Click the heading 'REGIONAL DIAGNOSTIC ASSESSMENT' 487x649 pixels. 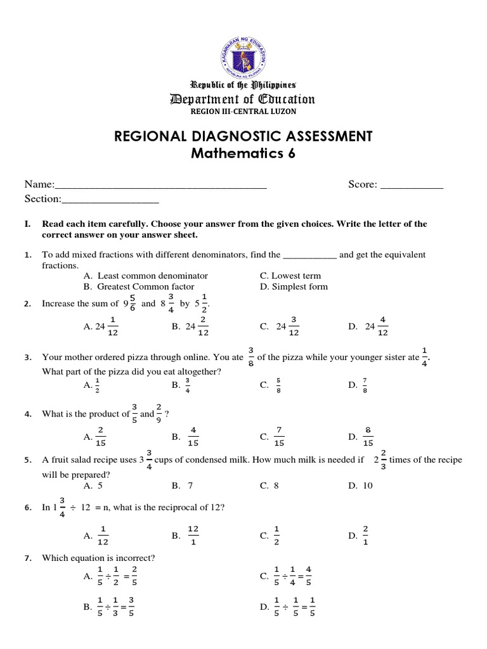(x=243, y=136)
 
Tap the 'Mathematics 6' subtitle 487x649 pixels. (x=243, y=154)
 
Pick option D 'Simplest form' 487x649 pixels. (x=294, y=286)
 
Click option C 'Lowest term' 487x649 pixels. (x=290, y=276)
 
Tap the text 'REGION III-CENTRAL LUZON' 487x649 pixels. (x=243, y=112)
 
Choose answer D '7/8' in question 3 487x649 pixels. (x=360, y=384)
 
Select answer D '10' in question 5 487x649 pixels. (x=360, y=485)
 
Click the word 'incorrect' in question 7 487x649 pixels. (x=135, y=558)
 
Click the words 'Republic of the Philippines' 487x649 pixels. (x=243, y=85)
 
